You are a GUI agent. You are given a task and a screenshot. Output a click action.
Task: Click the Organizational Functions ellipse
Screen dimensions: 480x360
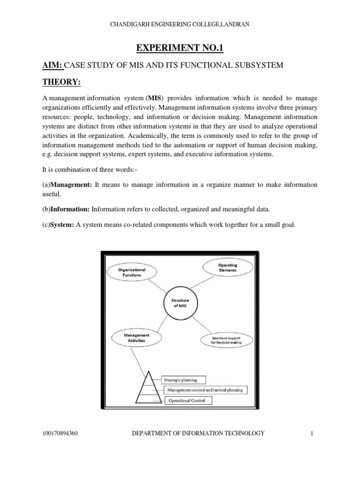click(132, 272)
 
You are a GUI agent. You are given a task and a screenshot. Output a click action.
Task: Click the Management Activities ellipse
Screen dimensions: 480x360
click(136, 338)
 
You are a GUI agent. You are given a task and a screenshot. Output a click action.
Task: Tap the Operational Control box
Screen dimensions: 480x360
click(187, 400)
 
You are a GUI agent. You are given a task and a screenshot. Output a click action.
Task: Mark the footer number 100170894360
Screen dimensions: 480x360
click(60, 434)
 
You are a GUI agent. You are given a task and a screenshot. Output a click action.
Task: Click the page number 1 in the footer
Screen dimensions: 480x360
click(311, 434)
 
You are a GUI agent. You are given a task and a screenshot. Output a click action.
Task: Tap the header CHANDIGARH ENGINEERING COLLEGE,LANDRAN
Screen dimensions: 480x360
click(180, 24)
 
